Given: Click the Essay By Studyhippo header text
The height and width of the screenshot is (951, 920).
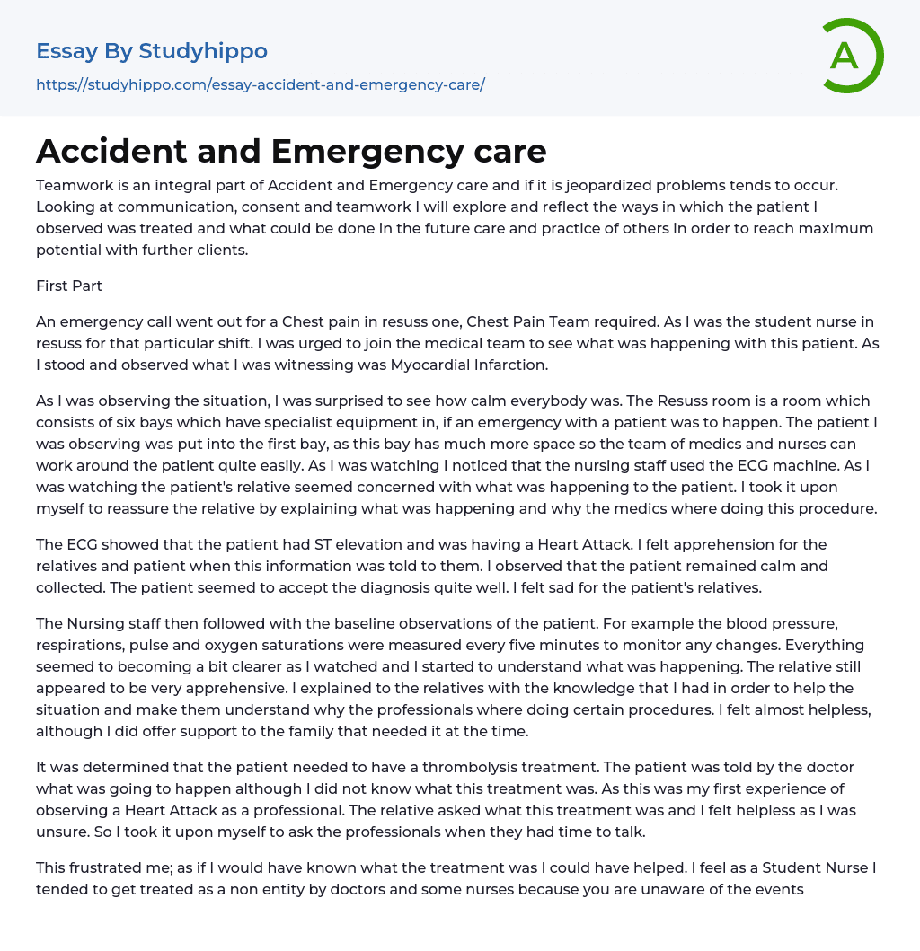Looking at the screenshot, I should pyautogui.click(x=152, y=51).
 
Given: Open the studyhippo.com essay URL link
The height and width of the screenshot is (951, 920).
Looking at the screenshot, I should pyautogui.click(x=261, y=84).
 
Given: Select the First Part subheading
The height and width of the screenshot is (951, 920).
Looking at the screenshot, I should pyautogui.click(x=69, y=286).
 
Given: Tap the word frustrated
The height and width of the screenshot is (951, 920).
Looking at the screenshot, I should pyautogui.click(x=106, y=867).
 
